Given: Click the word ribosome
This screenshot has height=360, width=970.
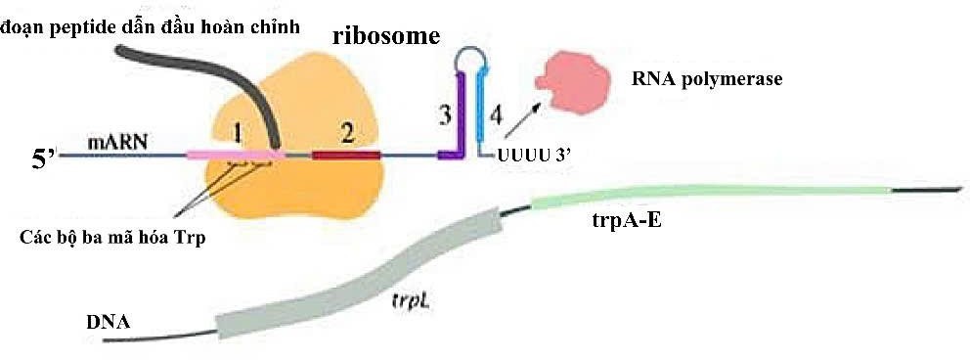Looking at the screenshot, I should click(x=386, y=36).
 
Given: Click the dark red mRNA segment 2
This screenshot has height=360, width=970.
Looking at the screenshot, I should click(x=345, y=155).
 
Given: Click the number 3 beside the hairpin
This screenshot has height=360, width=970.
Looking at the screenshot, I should click(x=445, y=114).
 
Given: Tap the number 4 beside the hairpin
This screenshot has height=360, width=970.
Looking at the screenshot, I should click(x=497, y=114).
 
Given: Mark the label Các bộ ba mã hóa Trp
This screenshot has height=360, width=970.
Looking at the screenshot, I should click(x=112, y=237).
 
